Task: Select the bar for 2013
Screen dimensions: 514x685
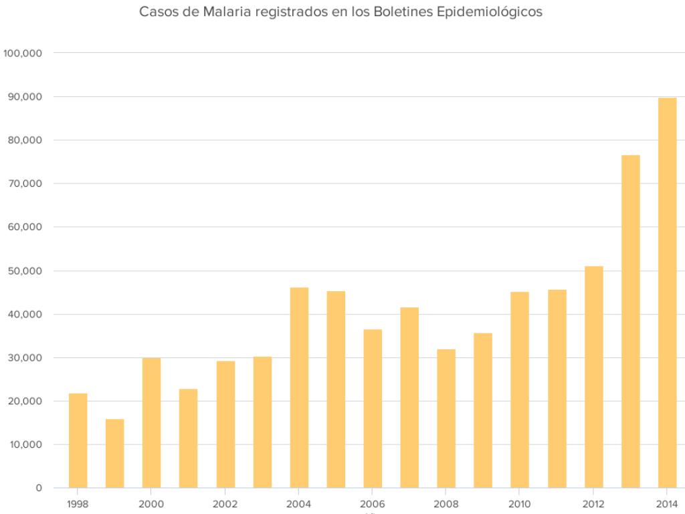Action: pyautogui.click(x=630, y=321)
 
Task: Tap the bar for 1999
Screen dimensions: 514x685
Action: pyautogui.click(x=114, y=453)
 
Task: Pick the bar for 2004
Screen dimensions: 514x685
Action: pyautogui.click(x=299, y=388)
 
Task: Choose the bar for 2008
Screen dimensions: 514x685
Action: pyautogui.click(x=446, y=418)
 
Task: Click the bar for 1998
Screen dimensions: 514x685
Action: pyautogui.click(x=78, y=440)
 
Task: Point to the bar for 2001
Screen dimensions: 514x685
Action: pyautogui.click(x=188, y=438)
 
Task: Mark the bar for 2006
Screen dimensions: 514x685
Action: pyautogui.click(x=373, y=408)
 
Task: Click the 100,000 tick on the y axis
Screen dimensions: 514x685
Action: pyautogui.click(x=23, y=54)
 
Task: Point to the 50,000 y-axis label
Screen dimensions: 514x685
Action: pyautogui.click(x=25, y=271)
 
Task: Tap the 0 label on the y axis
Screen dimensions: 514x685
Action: pyautogui.click(x=39, y=488)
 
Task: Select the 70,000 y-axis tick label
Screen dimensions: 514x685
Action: pyautogui.click(x=25, y=184)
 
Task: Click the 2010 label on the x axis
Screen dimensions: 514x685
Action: pyautogui.click(x=520, y=504)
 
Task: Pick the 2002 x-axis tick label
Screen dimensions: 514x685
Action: pyautogui.click(x=225, y=504)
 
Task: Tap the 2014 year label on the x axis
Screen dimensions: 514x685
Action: pyautogui.click(x=667, y=504)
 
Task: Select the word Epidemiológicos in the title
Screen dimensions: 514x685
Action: pyautogui.click(x=493, y=11)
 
